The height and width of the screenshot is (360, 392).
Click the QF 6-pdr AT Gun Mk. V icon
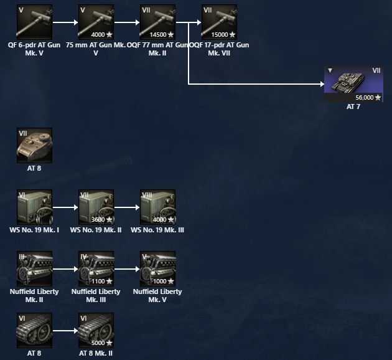(34, 22)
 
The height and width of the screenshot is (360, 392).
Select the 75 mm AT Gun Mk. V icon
(96, 22)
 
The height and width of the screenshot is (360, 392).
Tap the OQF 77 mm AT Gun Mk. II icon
(158, 22)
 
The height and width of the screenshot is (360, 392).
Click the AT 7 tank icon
(353, 83)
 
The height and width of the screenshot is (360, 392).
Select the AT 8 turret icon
(34, 146)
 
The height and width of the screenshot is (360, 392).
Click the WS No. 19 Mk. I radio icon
(34, 207)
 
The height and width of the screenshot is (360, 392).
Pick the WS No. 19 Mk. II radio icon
(96, 207)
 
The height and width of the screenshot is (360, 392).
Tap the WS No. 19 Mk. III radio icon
(158, 207)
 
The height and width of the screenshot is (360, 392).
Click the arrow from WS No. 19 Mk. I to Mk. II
(65, 207)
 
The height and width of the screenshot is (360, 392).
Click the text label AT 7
(353, 107)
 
